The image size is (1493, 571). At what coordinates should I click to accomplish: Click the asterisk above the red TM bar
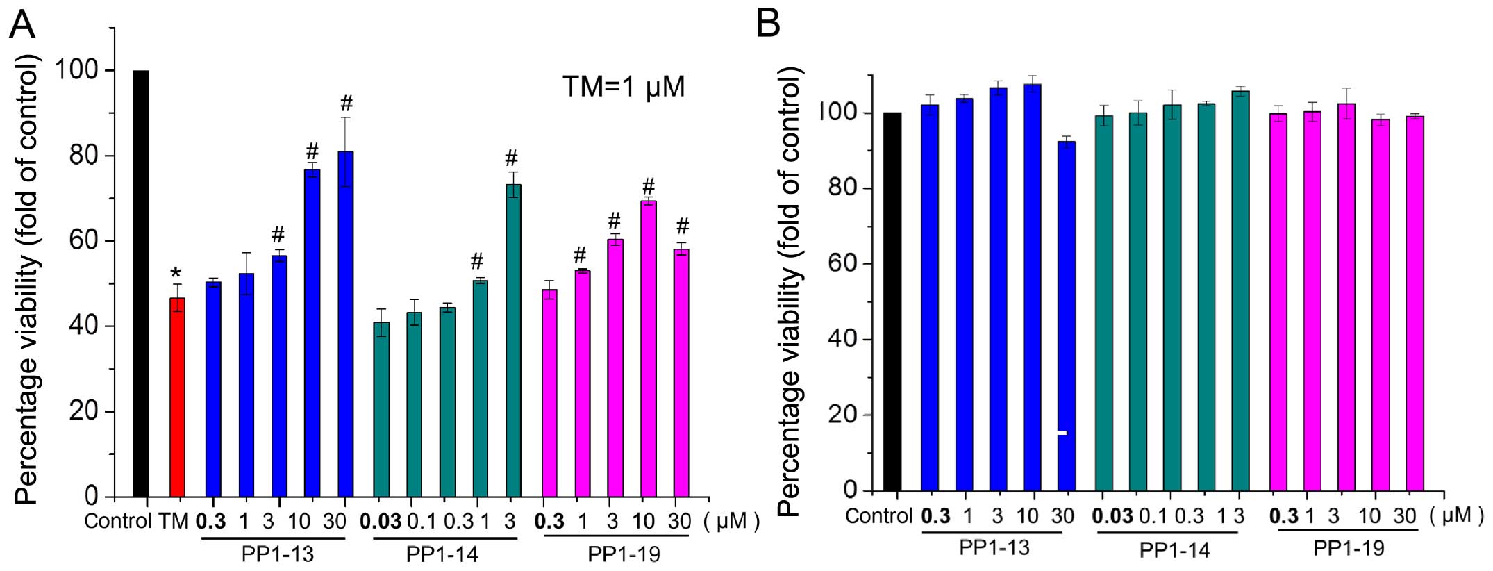[176, 273]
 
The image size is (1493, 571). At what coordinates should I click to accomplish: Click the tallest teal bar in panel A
[513, 340]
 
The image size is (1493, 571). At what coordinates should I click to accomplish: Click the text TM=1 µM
[623, 87]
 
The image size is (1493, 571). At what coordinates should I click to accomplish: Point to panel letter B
[768, 24]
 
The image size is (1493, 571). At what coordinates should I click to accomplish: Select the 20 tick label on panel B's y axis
[843, 415]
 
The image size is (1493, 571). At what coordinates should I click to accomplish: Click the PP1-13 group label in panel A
[278, 554]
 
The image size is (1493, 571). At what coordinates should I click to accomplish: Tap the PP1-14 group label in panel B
[1174, 550]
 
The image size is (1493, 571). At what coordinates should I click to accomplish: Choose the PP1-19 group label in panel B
[1349, 548]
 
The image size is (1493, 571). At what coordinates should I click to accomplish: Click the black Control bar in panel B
[892, 301]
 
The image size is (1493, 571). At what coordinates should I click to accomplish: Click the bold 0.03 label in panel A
[380, 521]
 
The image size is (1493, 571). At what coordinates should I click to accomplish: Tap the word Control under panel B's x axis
[878, 516]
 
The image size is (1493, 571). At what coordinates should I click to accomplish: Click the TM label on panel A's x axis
[174, 521]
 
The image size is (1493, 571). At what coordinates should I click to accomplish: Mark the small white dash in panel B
[1061, 433]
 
